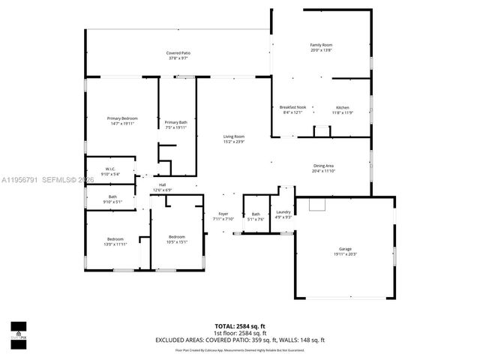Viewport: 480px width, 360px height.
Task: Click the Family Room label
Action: click(x=321, y=45)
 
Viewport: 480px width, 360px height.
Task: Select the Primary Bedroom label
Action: click(x=122, y=118)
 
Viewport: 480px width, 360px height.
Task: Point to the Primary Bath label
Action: click(x=177, y=122)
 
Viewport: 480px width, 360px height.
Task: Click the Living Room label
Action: click(x=233, y=136)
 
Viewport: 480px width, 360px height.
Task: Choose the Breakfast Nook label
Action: click(x=292, y=107)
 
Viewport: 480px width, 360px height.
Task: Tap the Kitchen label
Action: click(x=342, y=107)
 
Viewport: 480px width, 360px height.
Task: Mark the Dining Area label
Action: click(x=324, y=166)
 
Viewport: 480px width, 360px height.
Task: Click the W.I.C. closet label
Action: click(x=109, y=169)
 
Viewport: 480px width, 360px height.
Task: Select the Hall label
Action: click(x=162, y=184)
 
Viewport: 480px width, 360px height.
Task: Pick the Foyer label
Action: click(x=223, y=214)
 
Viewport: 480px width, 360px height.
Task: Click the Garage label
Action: click(x=345, y=249)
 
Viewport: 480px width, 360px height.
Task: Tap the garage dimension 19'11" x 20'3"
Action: click(x=345, y=254)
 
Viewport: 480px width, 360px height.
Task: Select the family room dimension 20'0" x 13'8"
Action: click(x=321, y=50)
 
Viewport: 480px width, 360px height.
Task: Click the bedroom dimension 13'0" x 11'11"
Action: click(x=115, y=244)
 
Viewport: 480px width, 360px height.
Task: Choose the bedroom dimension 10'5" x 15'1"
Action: click(x=177, y=241)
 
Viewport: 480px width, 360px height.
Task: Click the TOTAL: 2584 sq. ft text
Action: click(x=240, y=326)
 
